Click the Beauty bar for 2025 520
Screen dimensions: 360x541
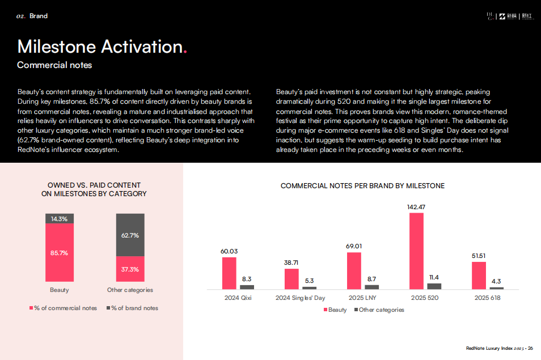click(x=416, y=251)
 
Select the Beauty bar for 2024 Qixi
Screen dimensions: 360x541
click(x=229, y=273)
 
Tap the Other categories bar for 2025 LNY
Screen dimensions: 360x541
click(x=371, y=287)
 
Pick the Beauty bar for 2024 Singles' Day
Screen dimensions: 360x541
click(x=291, y=279)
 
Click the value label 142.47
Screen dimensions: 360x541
click(x=416, y=207)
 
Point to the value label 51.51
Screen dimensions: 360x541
click(x=479, y=256)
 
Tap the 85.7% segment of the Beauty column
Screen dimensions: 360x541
click(x=60, y=253)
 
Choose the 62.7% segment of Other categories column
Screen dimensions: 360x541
click(x=130, y=235)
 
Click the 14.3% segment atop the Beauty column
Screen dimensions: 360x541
click(x=60, y=219)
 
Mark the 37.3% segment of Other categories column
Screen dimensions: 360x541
click(x=130, y=269)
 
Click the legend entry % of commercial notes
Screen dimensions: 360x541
click(x=63, y=308)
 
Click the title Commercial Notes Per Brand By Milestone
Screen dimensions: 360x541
click(x=362, y=186)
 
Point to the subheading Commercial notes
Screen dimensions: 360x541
click(x=54, y=65)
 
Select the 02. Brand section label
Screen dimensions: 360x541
click(x=32, y=16)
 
